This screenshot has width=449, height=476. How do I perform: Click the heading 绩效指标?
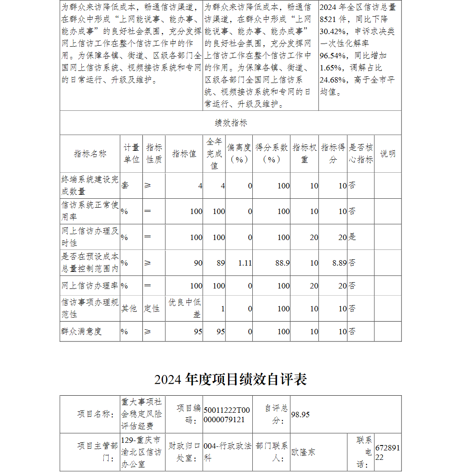point(231,123)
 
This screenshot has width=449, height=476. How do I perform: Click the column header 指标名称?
point(90,154)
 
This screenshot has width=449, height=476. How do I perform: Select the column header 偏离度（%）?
point(239,153)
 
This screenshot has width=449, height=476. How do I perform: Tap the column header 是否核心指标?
point(361,153)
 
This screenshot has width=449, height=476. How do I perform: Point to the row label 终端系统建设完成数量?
point(90,185)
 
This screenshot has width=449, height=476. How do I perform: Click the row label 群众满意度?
point(82,332)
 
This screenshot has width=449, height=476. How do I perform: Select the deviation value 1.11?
point(245,263)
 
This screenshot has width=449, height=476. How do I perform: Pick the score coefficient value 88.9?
point(282,263)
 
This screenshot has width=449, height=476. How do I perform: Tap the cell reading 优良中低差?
point(185,308)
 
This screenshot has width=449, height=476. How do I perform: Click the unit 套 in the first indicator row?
point(125,185)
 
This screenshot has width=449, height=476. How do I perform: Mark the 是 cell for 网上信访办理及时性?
point(352,237)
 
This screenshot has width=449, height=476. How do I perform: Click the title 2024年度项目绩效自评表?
point(231,380)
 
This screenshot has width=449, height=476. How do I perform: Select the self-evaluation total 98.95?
point(300,415)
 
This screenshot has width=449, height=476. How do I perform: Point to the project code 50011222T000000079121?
point(227,415)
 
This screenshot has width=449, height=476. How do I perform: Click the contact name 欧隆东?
point(304,452)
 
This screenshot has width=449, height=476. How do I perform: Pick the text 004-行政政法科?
point(227,452)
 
